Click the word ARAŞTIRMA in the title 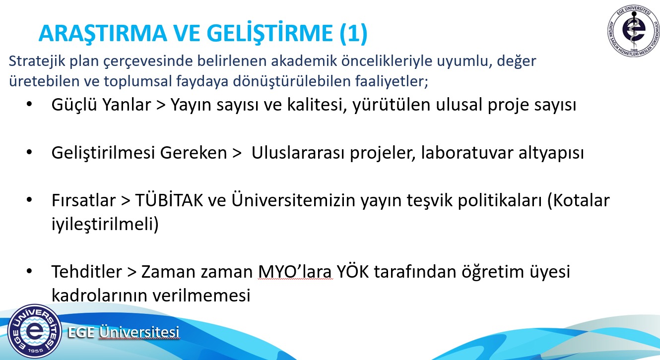pos(103,33)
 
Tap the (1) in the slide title pos(353,33)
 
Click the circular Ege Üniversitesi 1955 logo pos(35,331)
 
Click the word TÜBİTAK pos(169,200)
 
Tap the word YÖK pos(352,271)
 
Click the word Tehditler pos(87,271)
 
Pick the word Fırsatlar pos(83,200)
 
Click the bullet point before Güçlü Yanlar pos(29,104)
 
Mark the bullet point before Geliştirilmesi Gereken pos(29,152)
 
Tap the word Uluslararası pos(298,153)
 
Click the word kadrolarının pos(99,295)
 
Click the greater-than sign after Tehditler pos(132,272)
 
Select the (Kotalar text pos(579,201)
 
